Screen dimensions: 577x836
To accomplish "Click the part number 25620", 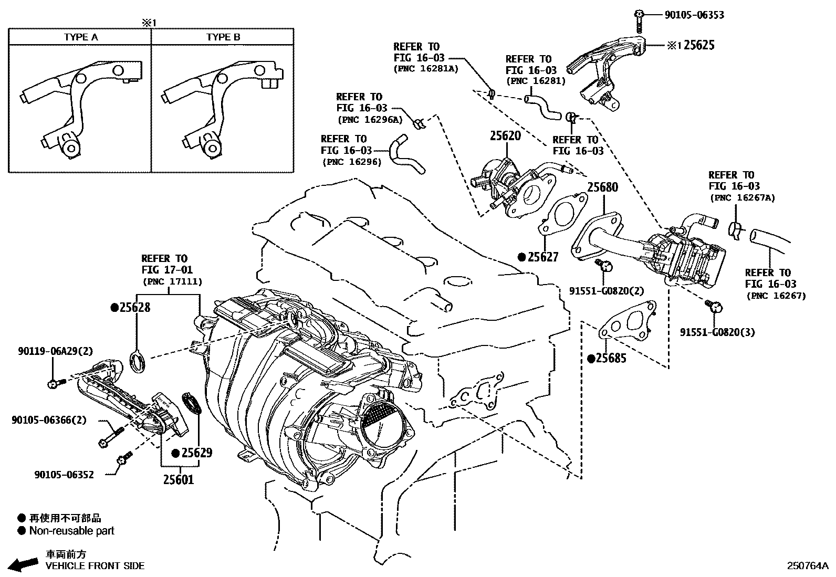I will pyautogui.click(x=505, y=136).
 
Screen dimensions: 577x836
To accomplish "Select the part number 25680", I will pyautogui.click(x=602, y=187).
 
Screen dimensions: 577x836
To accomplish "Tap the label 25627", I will pyautogui.click(x=543, y=257).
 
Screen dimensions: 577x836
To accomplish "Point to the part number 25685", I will pyautogui.click(x=611, y=359).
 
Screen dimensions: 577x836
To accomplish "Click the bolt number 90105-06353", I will pyautogui.click(x=694, y=15).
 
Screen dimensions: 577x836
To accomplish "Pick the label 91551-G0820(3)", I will pyautogui.click(x=717, y=332).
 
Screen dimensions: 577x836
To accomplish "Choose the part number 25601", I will pyautogui.click(x=178, y=479).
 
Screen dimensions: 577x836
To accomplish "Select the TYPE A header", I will pyautogui.click(x=81, y=37).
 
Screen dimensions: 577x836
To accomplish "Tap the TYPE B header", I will pyautogui.click(x=223, y=37).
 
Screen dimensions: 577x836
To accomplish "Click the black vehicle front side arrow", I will pyautogui.click(x=24, y=564).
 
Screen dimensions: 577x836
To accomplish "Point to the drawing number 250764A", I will pyautogui.click(x=807, y=565).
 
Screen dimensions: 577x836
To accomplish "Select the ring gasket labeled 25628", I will pyautogui.click(x=138, y=362).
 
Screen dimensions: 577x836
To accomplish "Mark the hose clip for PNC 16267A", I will pyautogui.click(x=736, y=229).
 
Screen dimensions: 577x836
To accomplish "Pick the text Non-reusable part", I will pyautogui.click(x=72, y=531).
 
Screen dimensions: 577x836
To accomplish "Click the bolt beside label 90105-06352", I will pyautogui.click(x=124, y=460).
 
